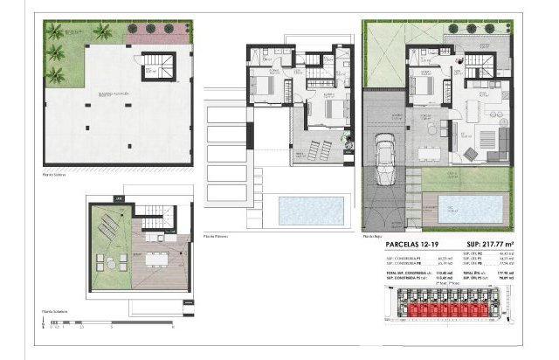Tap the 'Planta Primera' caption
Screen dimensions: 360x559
pos(216,236)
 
